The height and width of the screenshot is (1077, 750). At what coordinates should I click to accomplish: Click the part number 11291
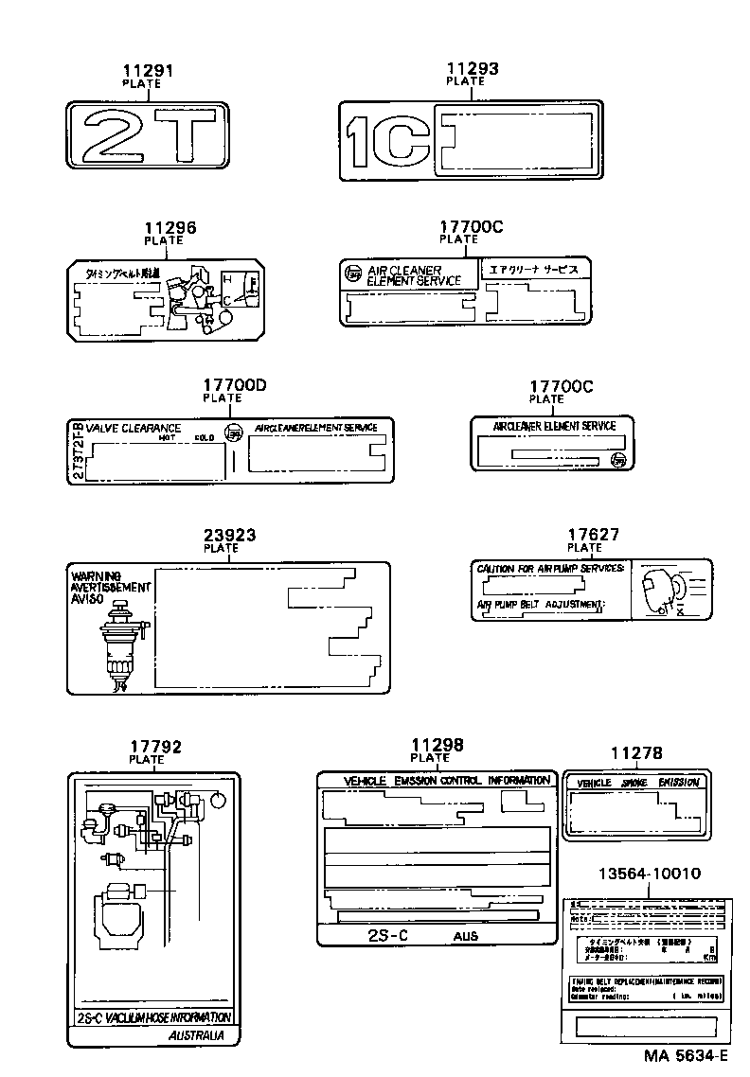coord(148,70)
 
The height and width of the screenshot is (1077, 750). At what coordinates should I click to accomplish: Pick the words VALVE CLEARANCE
coord(134,429)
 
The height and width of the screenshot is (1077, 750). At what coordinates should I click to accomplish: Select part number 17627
coord(593,535)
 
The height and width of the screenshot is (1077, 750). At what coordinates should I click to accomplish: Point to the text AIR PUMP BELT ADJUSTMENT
coord(540,604)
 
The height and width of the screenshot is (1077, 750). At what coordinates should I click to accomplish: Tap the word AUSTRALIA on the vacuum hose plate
coord(196,1036)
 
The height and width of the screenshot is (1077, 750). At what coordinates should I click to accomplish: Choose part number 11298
coord(437,745)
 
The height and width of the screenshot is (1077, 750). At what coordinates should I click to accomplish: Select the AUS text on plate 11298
coord(465,935)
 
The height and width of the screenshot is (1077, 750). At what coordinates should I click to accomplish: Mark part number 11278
coord(636,753)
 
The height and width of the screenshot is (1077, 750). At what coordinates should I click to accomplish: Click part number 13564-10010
coord(649,874)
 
